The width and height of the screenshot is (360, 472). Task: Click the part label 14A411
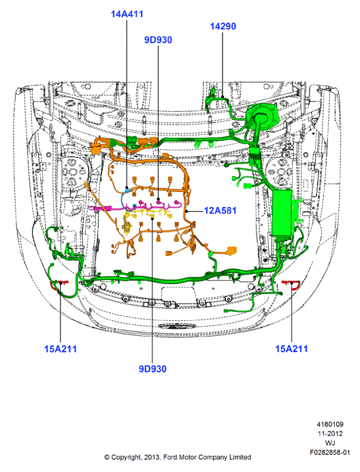pos(127,14)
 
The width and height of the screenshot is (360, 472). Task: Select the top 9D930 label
pos(158,40)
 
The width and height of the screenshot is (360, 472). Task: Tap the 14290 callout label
pos(223,26)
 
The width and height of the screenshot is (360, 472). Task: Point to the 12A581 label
pos(220,210)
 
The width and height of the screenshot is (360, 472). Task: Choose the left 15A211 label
pos(61,349)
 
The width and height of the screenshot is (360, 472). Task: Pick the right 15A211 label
pos(292,349)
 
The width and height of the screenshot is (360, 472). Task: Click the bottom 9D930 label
pos(152,368)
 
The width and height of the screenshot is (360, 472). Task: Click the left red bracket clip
pos(59,284)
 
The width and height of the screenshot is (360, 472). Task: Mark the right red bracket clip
pos(291,283)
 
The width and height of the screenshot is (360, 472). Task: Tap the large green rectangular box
pos(282,213)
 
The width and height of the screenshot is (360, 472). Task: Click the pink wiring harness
pos(135,206)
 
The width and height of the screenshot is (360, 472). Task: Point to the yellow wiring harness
pos(148,215)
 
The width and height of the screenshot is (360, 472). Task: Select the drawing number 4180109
pos(330,424)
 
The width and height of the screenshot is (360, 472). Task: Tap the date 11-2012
pos(330,433)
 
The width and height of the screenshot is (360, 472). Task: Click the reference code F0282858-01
pos(330,452)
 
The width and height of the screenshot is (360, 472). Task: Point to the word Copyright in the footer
pos(126,458)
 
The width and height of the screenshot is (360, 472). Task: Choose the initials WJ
pos(330,443)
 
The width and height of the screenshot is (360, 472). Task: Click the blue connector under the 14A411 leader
pos(127,190)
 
